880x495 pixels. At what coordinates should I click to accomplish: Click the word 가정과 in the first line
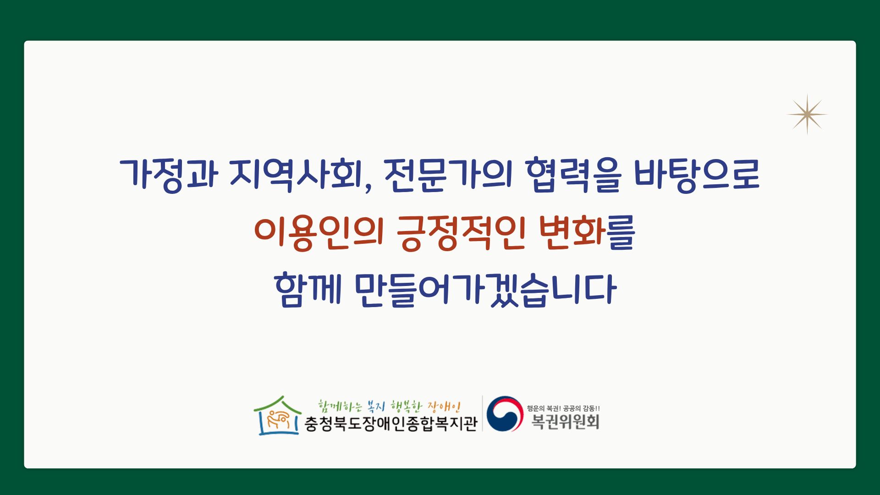point(169,175)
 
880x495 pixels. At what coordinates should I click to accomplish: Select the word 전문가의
point(448,175)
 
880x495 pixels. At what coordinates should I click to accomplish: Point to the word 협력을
point(573,175)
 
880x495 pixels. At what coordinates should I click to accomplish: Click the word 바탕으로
point(697,175)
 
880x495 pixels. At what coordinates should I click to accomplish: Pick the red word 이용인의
point(319,233)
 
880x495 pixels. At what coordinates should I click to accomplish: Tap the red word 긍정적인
point(461,233)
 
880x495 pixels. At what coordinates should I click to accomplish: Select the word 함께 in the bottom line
point(308,290)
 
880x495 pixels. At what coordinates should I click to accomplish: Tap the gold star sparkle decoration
point(807,115)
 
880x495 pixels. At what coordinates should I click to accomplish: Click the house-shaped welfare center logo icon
point(278,416)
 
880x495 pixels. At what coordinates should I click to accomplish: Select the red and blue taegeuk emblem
point(505,414)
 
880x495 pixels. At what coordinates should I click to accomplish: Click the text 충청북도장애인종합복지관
point(391,423)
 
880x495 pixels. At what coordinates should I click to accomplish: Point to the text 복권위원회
point(565,421)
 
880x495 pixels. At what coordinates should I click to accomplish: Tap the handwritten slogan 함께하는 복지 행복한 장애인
point(389,406)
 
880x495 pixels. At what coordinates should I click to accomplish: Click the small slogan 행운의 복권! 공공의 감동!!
point(563,408)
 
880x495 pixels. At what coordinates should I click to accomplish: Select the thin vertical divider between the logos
point(482,413)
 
